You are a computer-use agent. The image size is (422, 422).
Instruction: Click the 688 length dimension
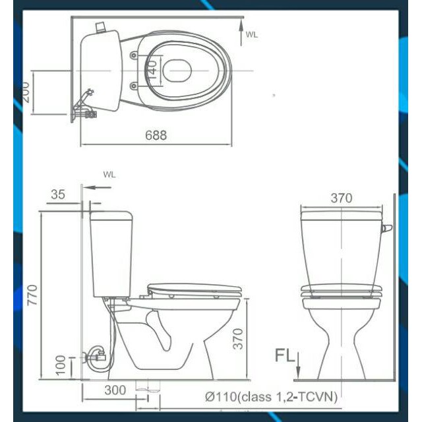156,135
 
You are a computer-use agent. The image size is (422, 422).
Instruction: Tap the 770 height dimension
32,295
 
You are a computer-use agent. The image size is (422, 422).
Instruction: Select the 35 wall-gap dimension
58,195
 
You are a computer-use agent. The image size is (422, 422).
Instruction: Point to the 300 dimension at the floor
115,390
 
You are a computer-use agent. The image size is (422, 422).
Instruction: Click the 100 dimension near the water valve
61,365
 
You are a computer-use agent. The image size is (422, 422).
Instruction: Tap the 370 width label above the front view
342,198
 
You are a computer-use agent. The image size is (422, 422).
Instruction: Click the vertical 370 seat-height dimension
238,339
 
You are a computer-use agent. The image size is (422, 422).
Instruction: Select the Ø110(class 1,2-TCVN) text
271,397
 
